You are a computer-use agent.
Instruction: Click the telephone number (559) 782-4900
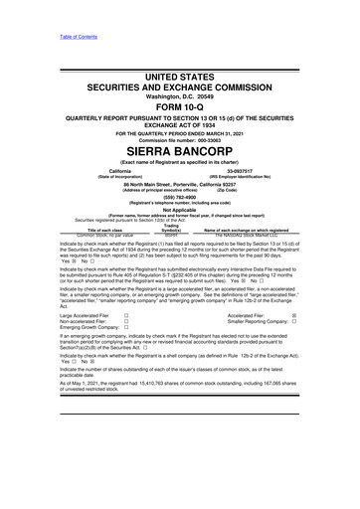(x=180, y=197)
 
